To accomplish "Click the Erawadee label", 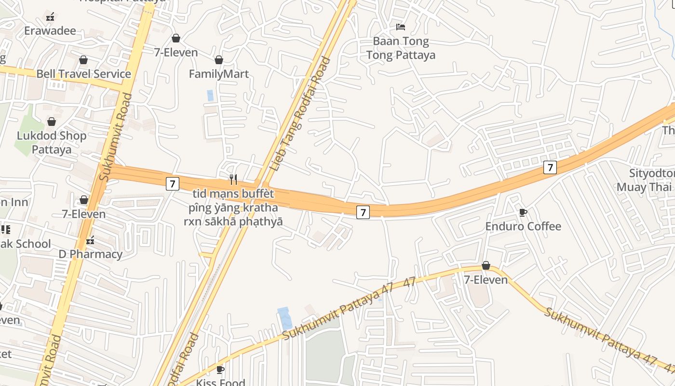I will tap(50, 31).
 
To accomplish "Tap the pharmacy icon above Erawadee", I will tap(50, 17).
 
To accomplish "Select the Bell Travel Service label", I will tap(84, 74).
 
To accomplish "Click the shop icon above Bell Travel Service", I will tap(83, 60).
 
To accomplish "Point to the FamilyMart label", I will tap(219, 74).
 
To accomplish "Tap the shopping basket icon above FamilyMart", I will tap(219, 60).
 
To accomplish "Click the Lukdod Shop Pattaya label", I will tap(52, 142).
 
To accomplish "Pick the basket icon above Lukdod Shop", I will tap(52, 122).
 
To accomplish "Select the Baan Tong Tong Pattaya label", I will tap(401, 48).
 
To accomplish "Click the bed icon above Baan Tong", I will tap(401, 27).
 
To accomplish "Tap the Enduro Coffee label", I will tap(523, 226).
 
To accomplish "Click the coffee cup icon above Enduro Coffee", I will tap(523, 212).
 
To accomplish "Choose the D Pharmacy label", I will tap(90, 254).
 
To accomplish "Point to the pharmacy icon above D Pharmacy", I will tap(90, 240).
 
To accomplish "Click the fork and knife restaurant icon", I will tap(233, 179).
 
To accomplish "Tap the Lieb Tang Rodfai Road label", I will tap(301, 114).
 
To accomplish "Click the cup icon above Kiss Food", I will tap(220, 370).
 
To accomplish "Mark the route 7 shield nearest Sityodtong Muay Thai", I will tap(550, 167).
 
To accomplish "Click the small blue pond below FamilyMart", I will tap(210, 95).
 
